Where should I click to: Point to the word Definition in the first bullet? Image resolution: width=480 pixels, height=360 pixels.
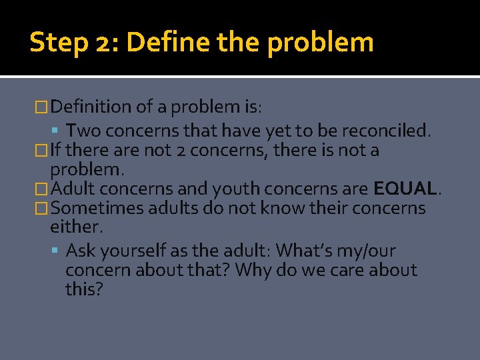tap(91, 107)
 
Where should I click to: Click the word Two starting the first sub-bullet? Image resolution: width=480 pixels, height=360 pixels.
tap(83, 130)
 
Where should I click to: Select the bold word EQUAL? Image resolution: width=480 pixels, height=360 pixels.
tap(404, 189)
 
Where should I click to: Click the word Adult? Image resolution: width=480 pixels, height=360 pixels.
tap(71, 189)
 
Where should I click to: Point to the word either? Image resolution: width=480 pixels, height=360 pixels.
tap(75, 227)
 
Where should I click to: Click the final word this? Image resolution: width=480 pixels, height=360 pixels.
tap(84, 289)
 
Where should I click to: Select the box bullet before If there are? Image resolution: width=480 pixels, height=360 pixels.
tap(43, 151)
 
